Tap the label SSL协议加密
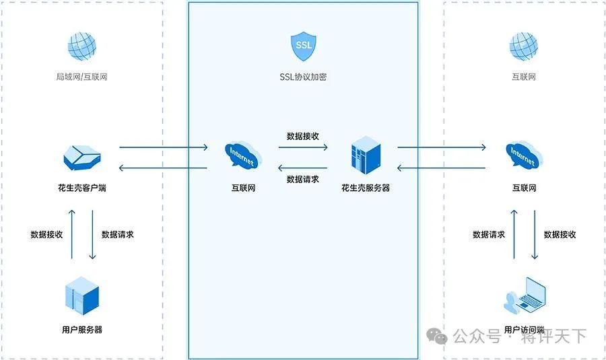pos(303,77)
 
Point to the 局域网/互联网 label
pos(81,77)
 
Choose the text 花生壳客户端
pos(81,188)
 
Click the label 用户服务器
pos(81,330)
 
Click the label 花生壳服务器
pos(366,188)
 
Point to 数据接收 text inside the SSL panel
pos(303,136)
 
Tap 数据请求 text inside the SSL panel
pos(303,179)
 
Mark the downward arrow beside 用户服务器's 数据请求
pos(92,234)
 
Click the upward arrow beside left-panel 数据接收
pos(71,234)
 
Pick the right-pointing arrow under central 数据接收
pos(303,147)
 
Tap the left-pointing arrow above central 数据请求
pos(303,168)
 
